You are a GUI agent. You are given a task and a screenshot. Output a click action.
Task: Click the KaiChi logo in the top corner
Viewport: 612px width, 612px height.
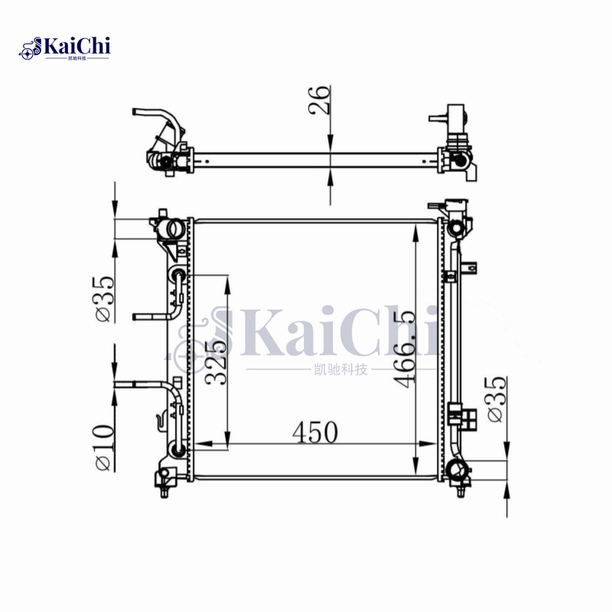(64, 48)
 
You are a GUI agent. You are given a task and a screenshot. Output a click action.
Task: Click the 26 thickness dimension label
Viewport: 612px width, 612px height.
(319, 100)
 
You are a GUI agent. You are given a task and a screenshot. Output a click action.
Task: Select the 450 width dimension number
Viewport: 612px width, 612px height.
(315, 432)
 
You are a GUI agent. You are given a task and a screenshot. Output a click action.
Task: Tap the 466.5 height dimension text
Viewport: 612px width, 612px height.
(405, 350)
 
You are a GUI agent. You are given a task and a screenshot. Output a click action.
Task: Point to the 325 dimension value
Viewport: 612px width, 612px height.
(216, 363)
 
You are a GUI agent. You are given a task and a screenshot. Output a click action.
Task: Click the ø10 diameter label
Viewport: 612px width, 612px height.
(105, 448)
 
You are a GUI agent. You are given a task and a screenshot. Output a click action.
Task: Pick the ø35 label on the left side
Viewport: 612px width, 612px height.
(105, 299)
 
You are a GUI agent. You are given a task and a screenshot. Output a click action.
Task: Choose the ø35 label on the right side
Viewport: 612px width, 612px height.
(496, 399)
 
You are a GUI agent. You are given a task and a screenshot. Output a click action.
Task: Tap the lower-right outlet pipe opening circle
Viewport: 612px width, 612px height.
(455, 470)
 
